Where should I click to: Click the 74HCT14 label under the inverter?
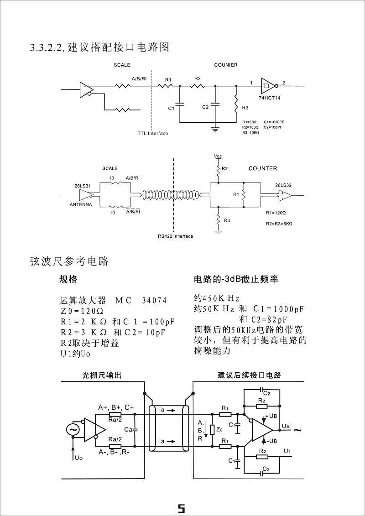coord(271,98)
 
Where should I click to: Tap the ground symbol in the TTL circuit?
coord(215,130)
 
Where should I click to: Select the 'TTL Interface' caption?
coord(153,134)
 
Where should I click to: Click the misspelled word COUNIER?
coord(226,65)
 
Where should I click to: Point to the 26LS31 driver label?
coord(82,186)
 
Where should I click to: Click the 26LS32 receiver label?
coord(283,185)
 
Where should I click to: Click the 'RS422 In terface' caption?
coord(175,236)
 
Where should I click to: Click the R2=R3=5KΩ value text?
coord(279,224)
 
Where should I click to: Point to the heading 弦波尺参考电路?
coord(69,261)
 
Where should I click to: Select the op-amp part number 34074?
coord(154,301)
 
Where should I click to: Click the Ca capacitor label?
coord(128,429)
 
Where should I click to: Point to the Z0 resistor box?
coord(212,430)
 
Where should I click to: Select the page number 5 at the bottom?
coord(181,508)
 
